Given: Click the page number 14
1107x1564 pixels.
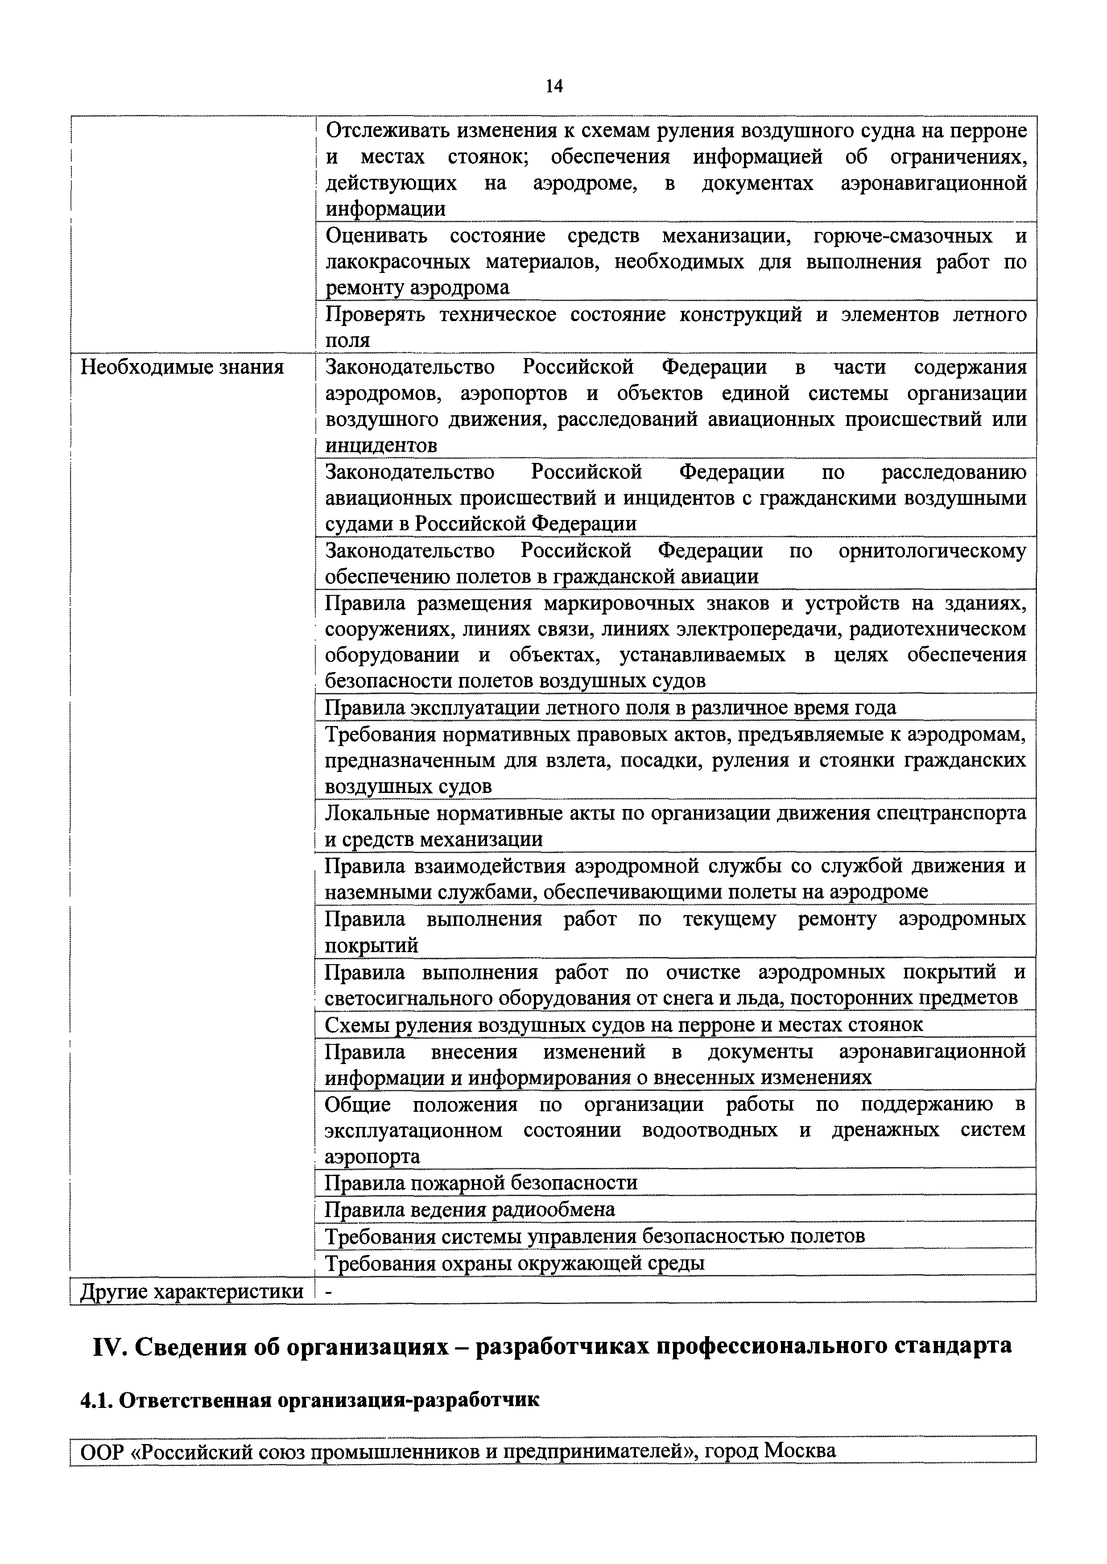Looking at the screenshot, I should coord(553,86).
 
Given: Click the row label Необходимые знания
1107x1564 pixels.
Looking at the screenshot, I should coord(182,368).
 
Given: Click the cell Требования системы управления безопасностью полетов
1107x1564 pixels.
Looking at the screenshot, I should coord(595,1235).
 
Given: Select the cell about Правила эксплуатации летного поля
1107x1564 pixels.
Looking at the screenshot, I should coord(610,707).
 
